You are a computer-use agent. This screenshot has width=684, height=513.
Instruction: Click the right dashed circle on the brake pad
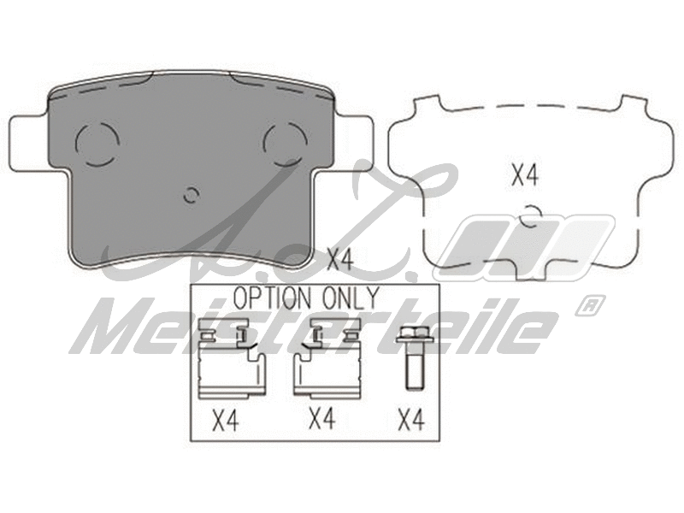click(x=285, y=143)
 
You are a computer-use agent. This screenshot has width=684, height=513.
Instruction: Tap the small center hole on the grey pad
click(x=191, y=194)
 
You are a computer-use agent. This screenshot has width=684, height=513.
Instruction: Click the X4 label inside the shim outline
click(x=525, y=176)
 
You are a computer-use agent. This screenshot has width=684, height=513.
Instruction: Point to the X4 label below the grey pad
click(x=341, y=257)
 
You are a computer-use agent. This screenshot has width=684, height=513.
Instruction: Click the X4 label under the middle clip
click(x=321, y=419)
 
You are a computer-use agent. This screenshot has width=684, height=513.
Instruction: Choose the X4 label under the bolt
click(x=411, y=421)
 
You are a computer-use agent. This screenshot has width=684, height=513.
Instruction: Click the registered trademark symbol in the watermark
click(x=589, y=304)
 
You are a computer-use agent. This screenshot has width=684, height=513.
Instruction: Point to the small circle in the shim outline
click(x=531, y=216)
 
